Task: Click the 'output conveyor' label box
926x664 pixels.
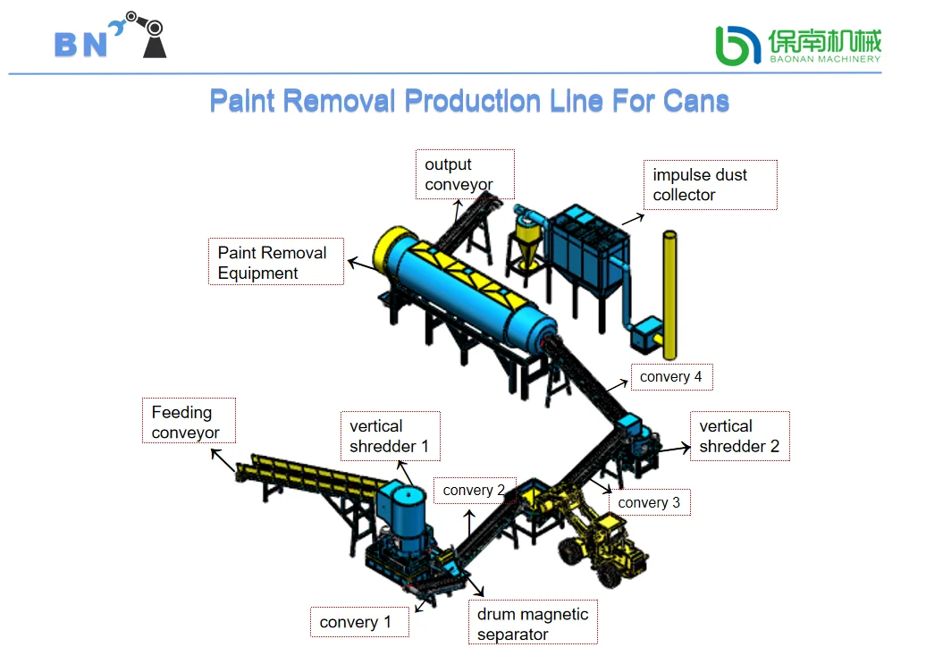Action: coord(465,174)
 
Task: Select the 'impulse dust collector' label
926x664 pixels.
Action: coord(711,185)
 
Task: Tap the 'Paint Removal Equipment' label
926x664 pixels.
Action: coord(276,262)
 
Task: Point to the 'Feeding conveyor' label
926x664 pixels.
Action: coord(189,421)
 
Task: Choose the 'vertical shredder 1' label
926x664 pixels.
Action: coord(391,436)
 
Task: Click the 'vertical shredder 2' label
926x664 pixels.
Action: coord(740,436)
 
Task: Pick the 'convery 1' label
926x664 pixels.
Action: coord(359,622)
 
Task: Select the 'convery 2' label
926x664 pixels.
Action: coord(475,491)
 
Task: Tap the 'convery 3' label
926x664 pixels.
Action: coord(650,502)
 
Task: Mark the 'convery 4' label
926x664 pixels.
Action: coord(672,377)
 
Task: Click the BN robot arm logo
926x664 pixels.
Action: coord(111,36)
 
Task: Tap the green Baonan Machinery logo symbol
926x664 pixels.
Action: coord(737,46)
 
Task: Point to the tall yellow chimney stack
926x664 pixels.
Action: coord(669,295)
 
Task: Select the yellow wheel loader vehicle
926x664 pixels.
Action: coord(596,535)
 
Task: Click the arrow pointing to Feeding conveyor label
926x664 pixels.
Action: coord(223,460)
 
